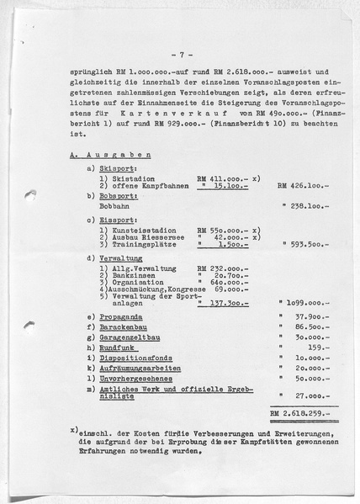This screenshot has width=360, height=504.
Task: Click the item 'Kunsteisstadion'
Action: pyautogui.click(x=131, y=230)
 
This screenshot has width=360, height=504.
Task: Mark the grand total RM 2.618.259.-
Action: pyautogui.click(x=299, y=413)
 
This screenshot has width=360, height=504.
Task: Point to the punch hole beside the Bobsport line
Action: pyautogui.click(x=32, y=194)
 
